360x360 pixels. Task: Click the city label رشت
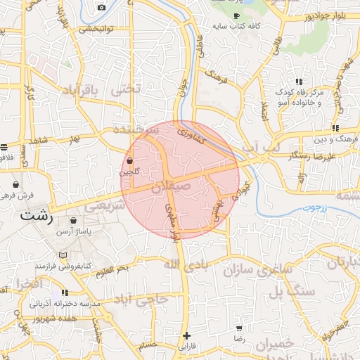(x=37, y=216)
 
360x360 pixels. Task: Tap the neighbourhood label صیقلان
(x=171, y=186)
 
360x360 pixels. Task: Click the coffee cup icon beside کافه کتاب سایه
(x=236, y=15)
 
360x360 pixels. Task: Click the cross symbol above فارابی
(x=186, y=335)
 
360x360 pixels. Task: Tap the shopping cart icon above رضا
(x=240, y=328)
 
